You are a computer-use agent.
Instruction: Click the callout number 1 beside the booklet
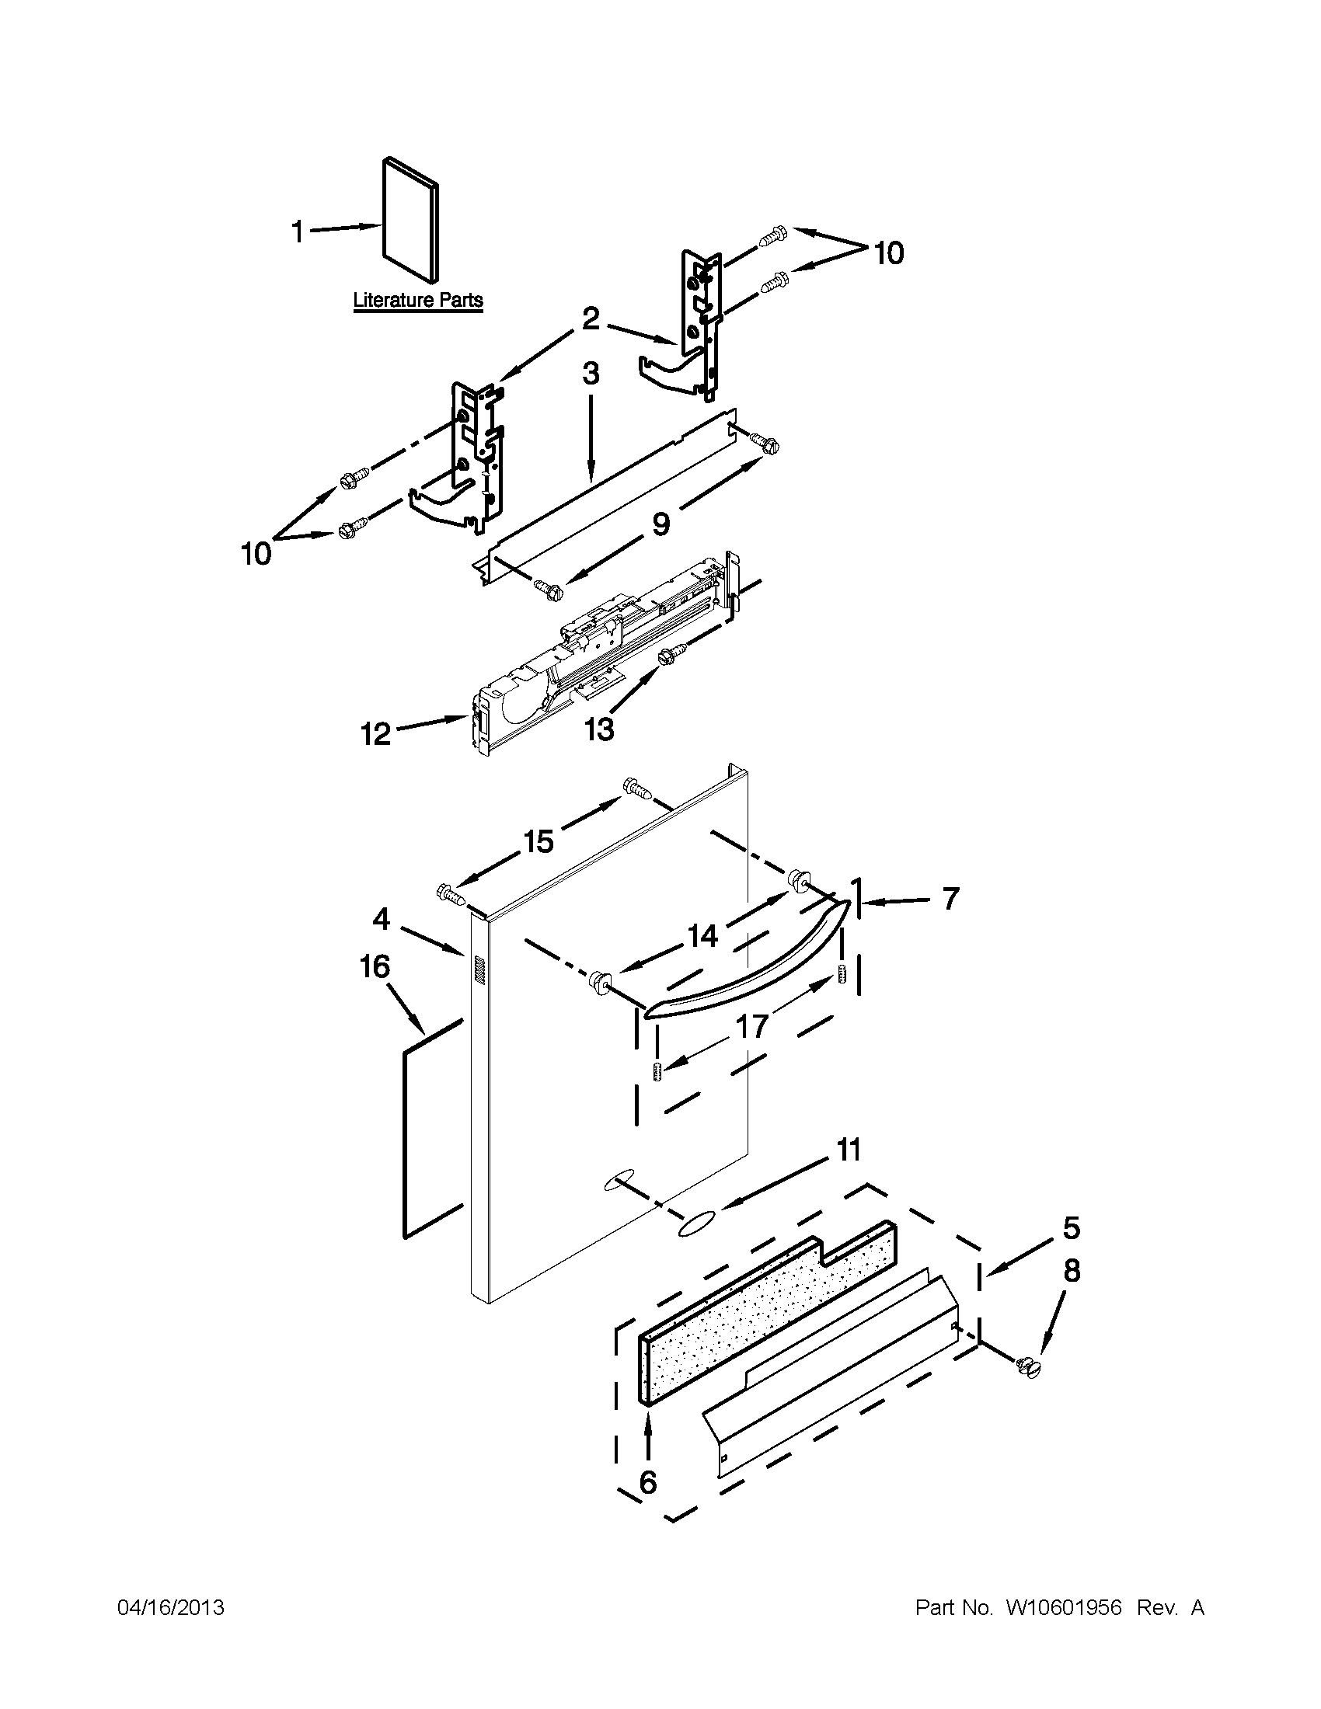(297, 231)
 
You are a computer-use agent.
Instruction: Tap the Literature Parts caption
(418, 301)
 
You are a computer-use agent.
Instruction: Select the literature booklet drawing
(410, 221)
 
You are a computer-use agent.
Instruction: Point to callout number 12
(375, 734)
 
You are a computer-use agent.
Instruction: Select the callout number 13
(598, 729)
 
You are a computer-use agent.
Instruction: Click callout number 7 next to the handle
(950, 900)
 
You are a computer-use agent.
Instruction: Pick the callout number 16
(375, 967)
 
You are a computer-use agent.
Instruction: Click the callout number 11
(849, 1150)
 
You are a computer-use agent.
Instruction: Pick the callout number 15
(539, 842)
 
